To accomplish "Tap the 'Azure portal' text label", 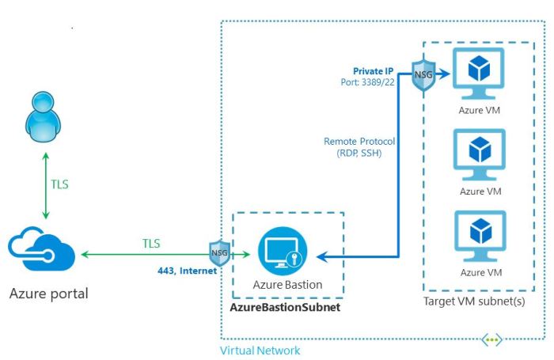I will pos(49,294).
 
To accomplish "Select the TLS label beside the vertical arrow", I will pos(59,185).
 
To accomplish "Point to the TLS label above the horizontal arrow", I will pos(153,243).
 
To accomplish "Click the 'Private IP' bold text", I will pos(374,71).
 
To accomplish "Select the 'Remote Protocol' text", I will pos(359,142).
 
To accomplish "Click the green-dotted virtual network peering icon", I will pos(492,340).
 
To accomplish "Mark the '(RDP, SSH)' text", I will pos(359,153).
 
